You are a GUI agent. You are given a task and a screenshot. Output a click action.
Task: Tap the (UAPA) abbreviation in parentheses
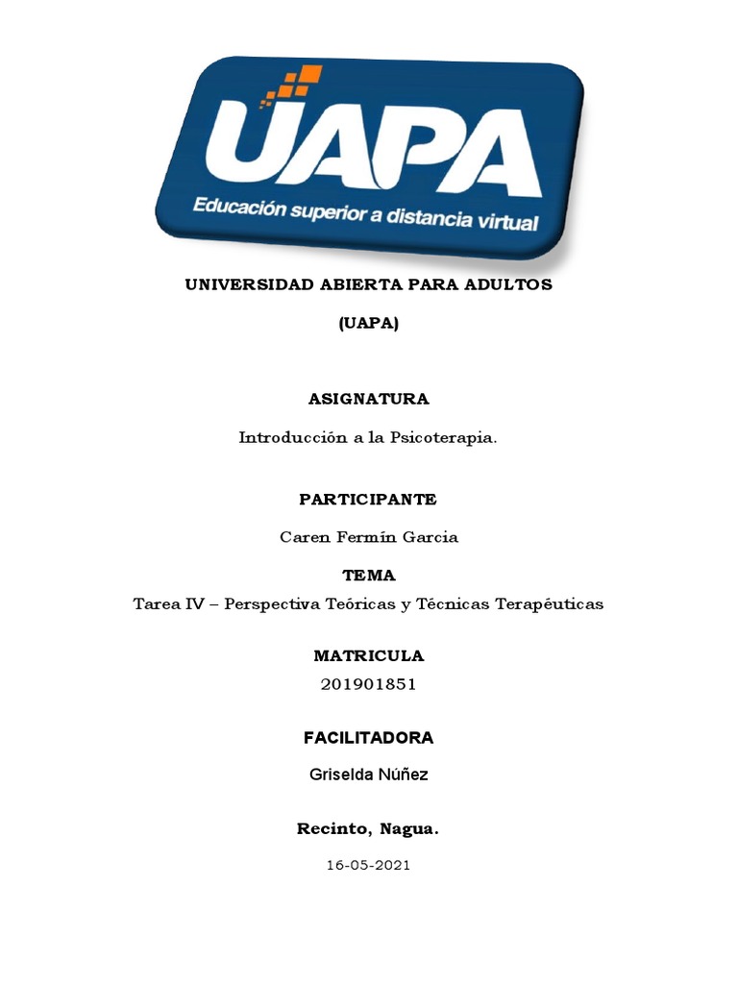(x=368, y=324)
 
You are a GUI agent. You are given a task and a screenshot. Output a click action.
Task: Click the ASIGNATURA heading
(x=368, y=399)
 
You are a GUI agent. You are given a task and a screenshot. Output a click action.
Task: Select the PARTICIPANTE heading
(x=368, y=500)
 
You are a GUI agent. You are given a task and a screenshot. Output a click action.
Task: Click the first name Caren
(x=303, y=537)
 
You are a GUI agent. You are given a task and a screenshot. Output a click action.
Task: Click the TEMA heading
(x=368, y=576)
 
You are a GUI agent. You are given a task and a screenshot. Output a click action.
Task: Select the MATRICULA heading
(x=368, y=656)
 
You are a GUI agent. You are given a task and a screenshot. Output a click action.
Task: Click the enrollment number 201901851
(x=368, y=685)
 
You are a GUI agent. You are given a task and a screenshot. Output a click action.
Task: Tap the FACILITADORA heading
(x=368, y=738)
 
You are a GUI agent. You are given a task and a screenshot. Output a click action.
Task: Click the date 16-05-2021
(x=368, y=865)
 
